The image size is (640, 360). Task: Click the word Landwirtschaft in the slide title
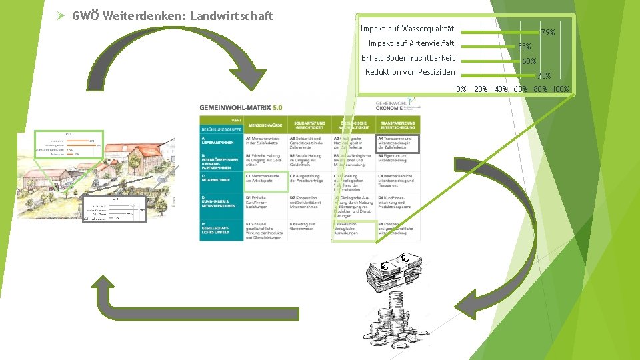231,15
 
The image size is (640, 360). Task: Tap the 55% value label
525,47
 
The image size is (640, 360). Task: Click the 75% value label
543,76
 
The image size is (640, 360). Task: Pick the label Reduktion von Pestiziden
411,72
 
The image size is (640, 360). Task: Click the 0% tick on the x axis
461,89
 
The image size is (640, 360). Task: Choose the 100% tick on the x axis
560,89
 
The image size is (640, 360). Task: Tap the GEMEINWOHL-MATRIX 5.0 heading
241,107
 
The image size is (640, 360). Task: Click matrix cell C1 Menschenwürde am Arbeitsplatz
266,179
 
